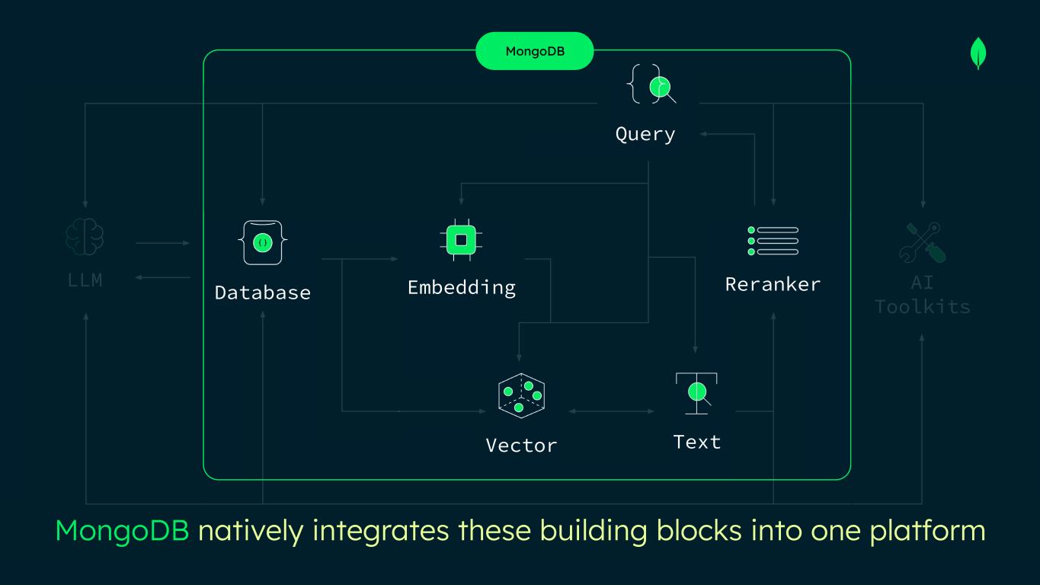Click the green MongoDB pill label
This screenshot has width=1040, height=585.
point(534,51)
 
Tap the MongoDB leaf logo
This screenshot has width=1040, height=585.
point(978,55)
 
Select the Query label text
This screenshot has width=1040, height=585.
point(645,134)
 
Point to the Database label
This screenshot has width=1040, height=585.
point(263,292)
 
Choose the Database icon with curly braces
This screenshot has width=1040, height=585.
point(263,243)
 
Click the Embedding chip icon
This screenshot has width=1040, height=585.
point(461,241)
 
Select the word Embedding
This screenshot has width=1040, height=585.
point(461,287)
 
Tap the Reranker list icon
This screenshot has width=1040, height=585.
point(773,241)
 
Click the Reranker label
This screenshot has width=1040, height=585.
point(773,284)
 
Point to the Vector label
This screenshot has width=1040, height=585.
point(521,445)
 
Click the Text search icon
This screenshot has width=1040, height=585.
point(696,393)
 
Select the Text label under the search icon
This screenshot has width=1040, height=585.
point(696,442)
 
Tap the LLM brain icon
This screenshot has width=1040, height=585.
point(85,237)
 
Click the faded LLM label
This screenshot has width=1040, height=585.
point(85,280)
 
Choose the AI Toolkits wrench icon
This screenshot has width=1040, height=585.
point(922,242)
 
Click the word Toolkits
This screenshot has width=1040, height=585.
point(922,307)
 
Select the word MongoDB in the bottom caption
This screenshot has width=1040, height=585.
point(122,531)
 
